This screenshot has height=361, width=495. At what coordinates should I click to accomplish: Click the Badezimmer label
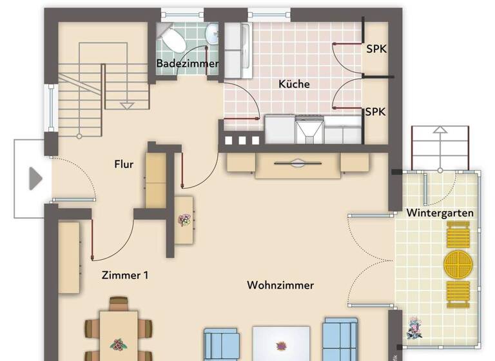(x=188, y=64)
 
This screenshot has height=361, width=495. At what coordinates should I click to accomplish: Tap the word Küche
(x=294, y=84)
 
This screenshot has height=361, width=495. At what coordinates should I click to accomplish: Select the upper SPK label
(x=376, y=49)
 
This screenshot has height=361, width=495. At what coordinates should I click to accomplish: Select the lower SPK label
(x=375, y=112)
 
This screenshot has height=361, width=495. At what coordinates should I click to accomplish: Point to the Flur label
(x=124, y=164)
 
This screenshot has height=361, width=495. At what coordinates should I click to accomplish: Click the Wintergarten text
(x=440, y=213)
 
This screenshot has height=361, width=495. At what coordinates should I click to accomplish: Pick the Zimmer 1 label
(x=125, y=275)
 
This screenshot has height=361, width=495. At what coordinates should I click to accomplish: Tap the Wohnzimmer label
(x=280, y=285)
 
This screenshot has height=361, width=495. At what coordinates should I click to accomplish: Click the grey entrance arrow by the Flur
(x=35, y=179)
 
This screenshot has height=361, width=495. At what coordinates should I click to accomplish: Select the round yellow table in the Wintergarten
(x=458, y=264)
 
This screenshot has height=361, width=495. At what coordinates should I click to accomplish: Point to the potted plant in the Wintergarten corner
(x=414, y=328)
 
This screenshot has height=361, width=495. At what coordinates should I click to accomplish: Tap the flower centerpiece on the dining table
(x=118, y=345)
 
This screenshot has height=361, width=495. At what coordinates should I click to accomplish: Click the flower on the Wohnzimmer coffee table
(x=281, y=346)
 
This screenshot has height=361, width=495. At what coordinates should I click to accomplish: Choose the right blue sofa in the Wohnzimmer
(x=340, y=340)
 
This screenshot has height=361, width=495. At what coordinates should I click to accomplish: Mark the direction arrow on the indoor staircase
(x=127, y=104)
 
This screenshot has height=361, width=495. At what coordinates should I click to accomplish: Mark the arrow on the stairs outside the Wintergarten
(x=440, y=130)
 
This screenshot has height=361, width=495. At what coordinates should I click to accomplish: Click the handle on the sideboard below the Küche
(x=297, y=164)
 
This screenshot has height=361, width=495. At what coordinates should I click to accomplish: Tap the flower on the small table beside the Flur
(x=184, y=220)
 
